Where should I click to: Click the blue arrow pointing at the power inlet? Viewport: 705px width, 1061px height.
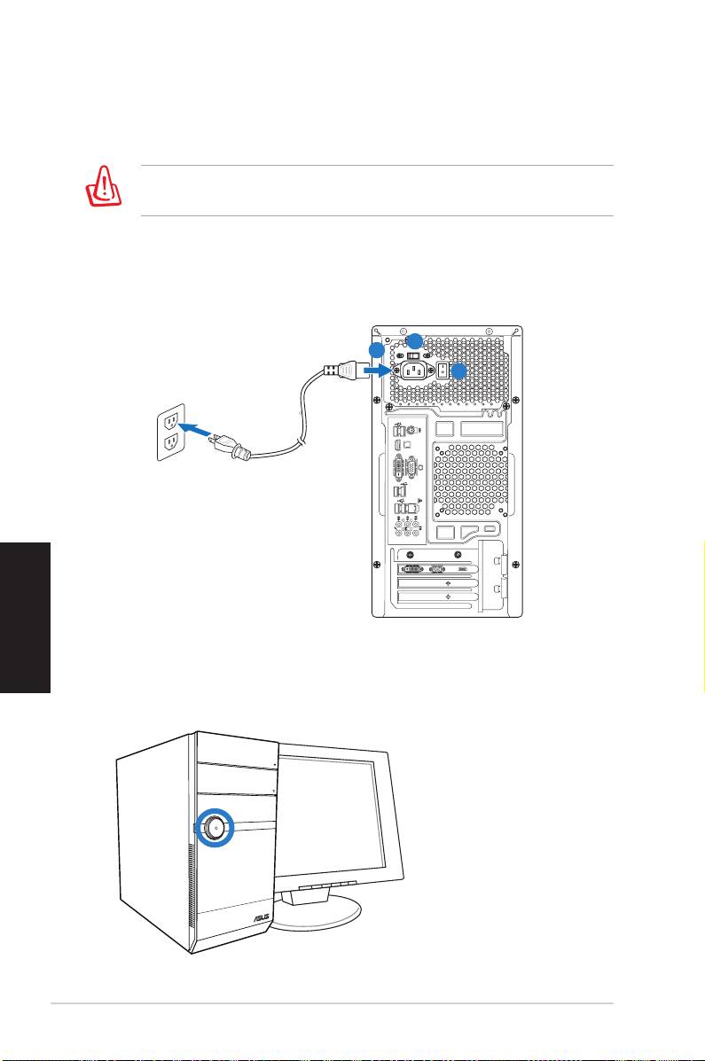[378, 371]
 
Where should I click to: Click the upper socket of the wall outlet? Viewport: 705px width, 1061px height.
[170, 421]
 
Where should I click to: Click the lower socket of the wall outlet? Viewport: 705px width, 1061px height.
[170, 443]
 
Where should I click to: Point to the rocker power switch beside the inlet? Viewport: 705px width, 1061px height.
[443, 370]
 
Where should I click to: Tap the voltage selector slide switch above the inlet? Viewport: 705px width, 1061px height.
[414, 354]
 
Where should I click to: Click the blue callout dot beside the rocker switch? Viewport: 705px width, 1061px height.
[459, 371]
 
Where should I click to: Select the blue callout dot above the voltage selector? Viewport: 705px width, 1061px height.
[414, 341]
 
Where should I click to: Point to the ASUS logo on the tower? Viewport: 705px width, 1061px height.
[262, 917]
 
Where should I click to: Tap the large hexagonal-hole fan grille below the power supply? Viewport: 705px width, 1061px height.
[470, 480]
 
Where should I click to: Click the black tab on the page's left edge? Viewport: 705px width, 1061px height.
[25, 617]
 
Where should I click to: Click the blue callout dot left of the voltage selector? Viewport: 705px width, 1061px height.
[377, 350]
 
